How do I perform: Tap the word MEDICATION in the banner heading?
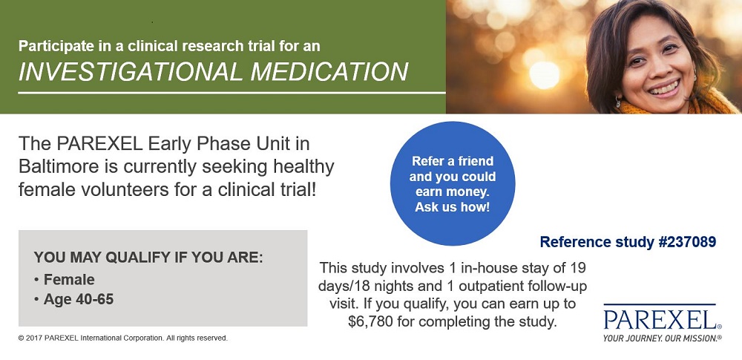pos(329,71)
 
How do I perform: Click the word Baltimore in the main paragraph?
pos(59,167)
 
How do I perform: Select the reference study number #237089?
pos(687,242)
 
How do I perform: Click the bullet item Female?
pos(69,280)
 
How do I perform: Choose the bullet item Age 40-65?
pos(79,299)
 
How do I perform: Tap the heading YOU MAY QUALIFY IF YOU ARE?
pos(148,258)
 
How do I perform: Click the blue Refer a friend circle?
pos(453,183)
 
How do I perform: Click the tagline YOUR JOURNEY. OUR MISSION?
pos(663,338)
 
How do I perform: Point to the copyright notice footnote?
pos(123,338)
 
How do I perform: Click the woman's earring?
pos(618,102)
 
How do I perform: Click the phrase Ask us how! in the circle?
pos(453,208)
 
